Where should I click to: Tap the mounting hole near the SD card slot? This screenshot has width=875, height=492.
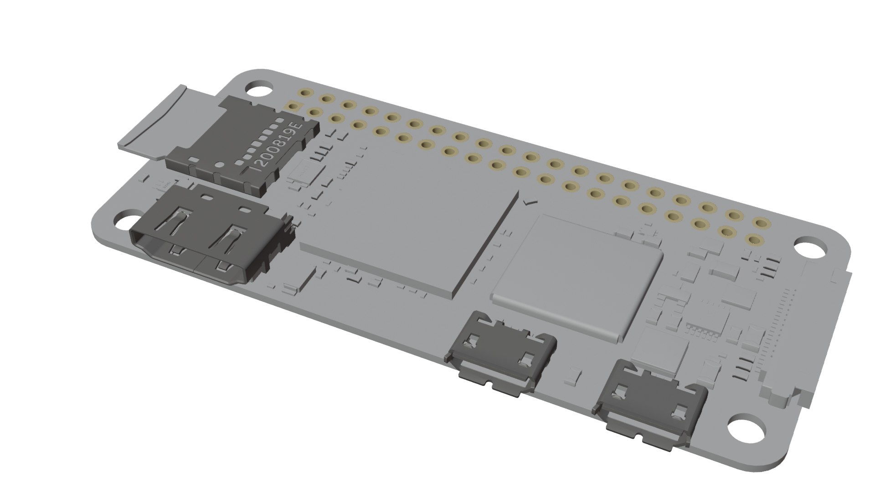pyautogui.click(x=257, y=88)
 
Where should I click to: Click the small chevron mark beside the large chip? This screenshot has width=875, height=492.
pyautogui.click(x=529, y=201)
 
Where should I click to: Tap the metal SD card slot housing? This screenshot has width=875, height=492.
pyautogui.click(x=244, y=146)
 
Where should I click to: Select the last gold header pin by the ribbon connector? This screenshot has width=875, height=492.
pyautogui.click(x=754, y=239)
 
